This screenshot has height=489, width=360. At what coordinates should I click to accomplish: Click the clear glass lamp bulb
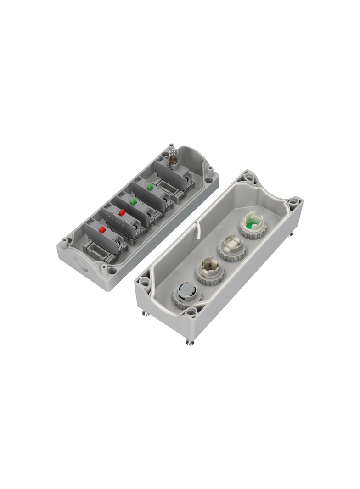tap(174, 157)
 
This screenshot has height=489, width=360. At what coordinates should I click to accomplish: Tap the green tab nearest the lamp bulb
tap(150, 187)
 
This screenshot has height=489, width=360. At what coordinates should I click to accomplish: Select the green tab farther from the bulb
tap(133, 201)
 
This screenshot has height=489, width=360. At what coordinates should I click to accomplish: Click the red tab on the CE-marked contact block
tap(122, 212)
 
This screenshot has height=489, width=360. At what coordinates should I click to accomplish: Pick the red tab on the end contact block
tap(102, 230)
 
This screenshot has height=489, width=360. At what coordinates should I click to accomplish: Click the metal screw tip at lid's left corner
tap(145, 313)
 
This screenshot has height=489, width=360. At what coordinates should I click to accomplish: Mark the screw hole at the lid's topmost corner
tap(249, 176)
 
